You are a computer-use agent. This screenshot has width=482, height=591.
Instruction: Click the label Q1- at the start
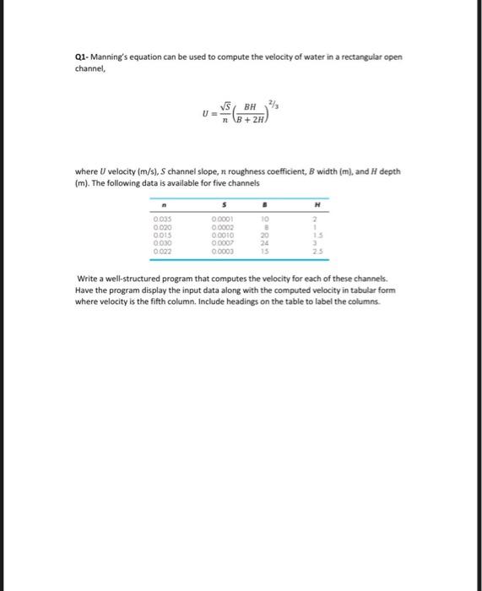coord(83,58)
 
